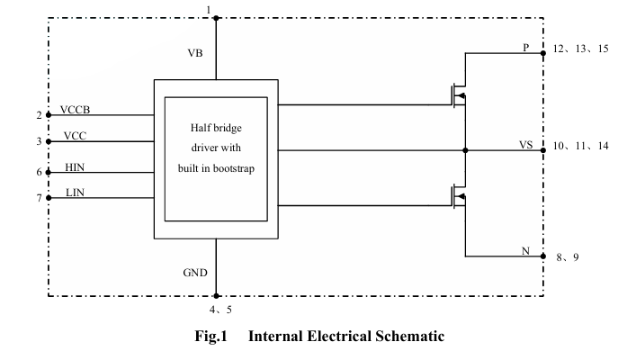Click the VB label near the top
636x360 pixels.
pyautogui.click(x=195, y=53)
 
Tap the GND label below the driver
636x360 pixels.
pyautogui.click(x=195, y=272)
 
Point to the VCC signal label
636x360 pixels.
pyautogui.click(x=75, y=136)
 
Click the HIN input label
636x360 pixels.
pyautogui.click(x=76, y=166)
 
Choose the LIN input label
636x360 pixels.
pyautogui.click(x=75, y=192)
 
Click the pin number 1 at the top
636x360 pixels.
pyautogui.click(x=209, y=10)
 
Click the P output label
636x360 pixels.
pyautogui.click(x=526, y=47)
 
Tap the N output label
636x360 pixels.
pyautogui.click(x=525, y=250)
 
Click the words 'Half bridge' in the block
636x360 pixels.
pyautogui.click(x=216, y=127)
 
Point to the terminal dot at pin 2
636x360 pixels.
pyautogui.click(x=48, y=115)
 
